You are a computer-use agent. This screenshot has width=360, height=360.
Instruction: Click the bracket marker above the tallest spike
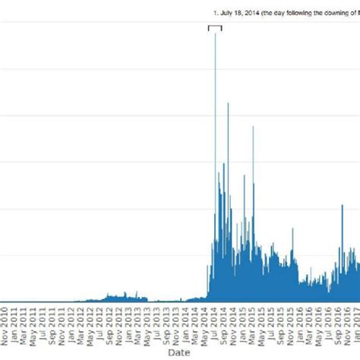pos(215,27)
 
